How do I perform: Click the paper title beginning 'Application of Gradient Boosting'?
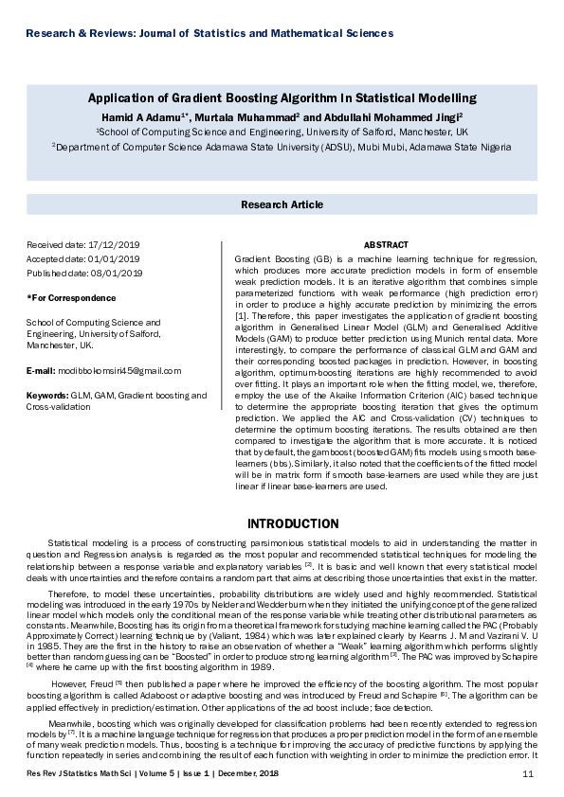click(282, 97)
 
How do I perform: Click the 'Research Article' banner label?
click(282, 204)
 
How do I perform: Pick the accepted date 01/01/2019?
click(114, 259)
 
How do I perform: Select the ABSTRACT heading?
click(386, 245)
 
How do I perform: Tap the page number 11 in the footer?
click(528, 775)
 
